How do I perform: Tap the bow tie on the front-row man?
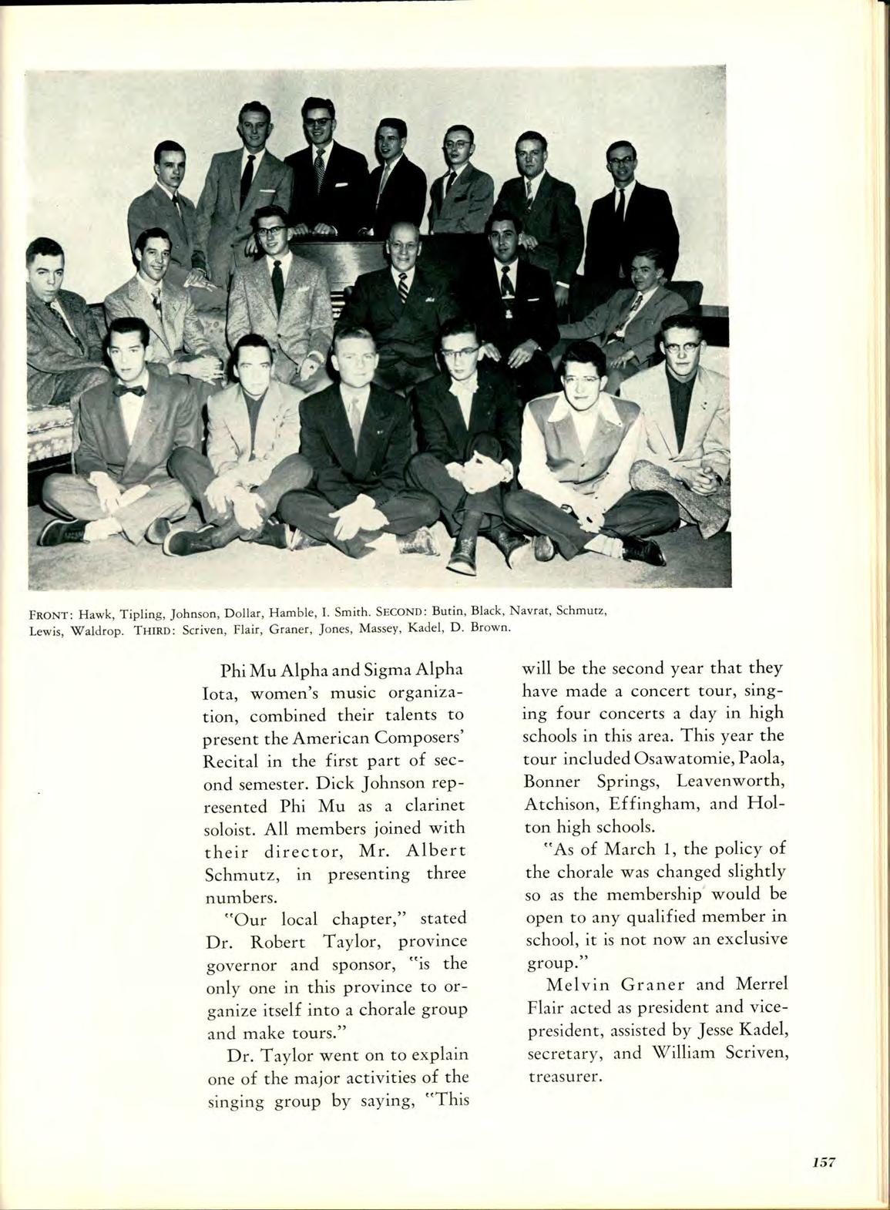pyautogui.click(x=129, y=390)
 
